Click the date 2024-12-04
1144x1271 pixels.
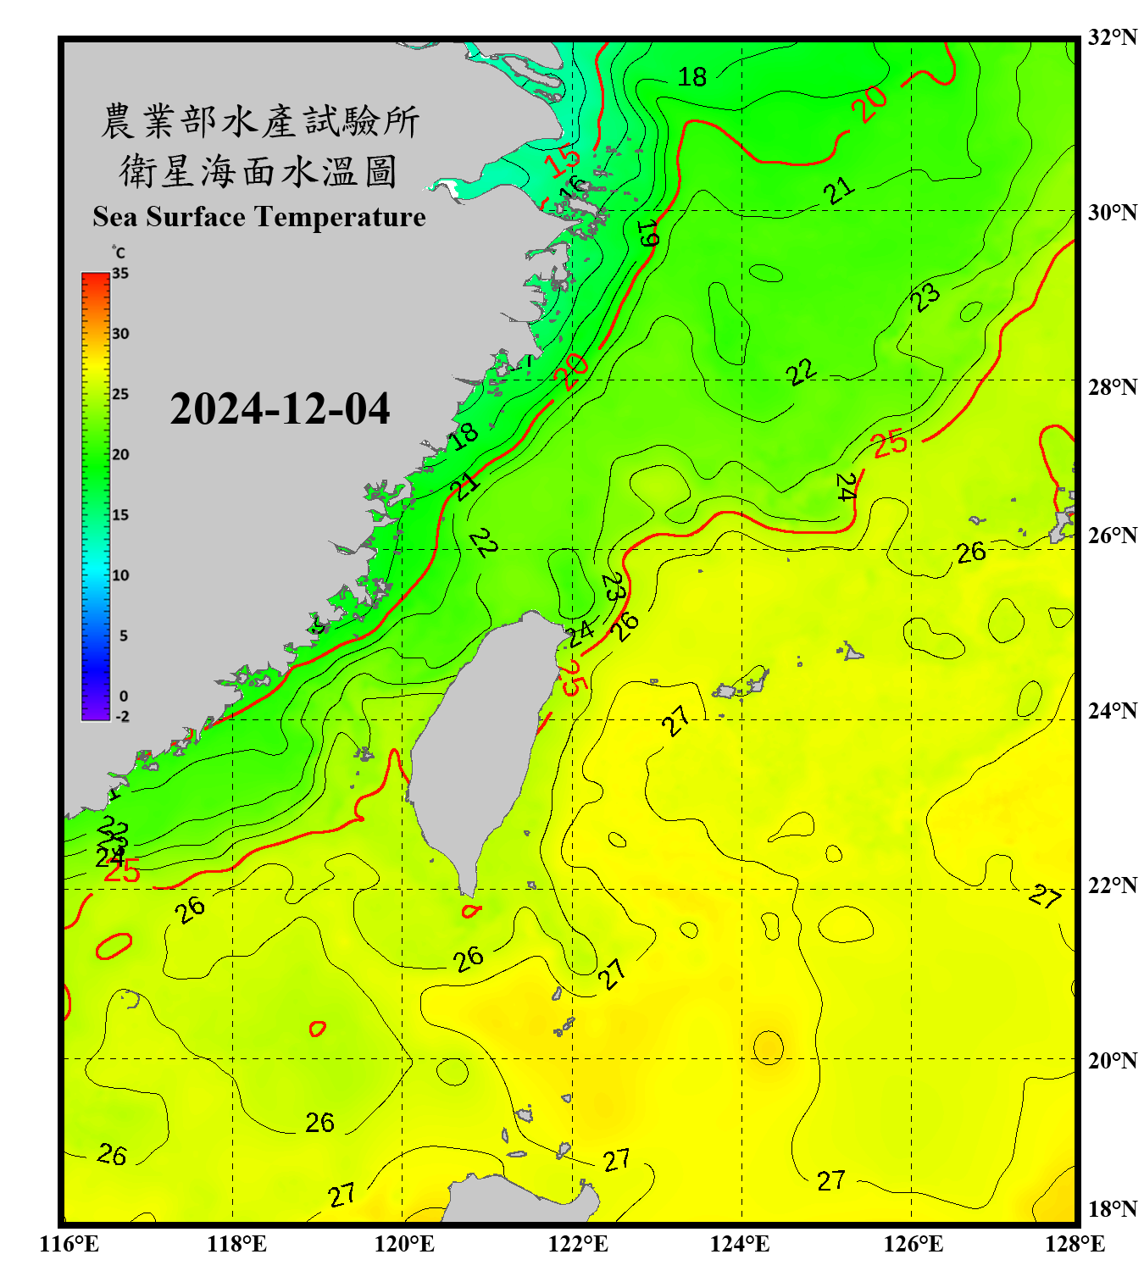(280, 408)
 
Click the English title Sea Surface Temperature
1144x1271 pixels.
(259, 217)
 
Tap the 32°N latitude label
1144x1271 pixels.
(1112, 37)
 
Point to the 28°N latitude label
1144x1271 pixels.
(1112, 387)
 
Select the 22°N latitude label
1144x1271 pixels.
(1112, 885)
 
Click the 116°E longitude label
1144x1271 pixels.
(69, 1244)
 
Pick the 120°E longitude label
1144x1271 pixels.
(404, 1244)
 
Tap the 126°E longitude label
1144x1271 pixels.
(913, 1244)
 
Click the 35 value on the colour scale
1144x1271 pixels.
(120, 274)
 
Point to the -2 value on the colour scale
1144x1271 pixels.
(122, 717)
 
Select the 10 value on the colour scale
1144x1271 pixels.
(120, 575)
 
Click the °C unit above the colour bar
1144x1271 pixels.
(119, 253)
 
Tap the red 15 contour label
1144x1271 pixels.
(562, 160)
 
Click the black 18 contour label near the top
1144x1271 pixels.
(692, 77)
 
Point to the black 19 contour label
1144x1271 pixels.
(648, 233)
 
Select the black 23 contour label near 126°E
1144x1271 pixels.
(925, 297)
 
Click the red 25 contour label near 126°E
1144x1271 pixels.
(890, 443)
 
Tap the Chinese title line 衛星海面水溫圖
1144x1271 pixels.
(258, 172)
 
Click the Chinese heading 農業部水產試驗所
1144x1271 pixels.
(259, 122)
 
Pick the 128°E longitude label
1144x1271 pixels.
(1075, 1244)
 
